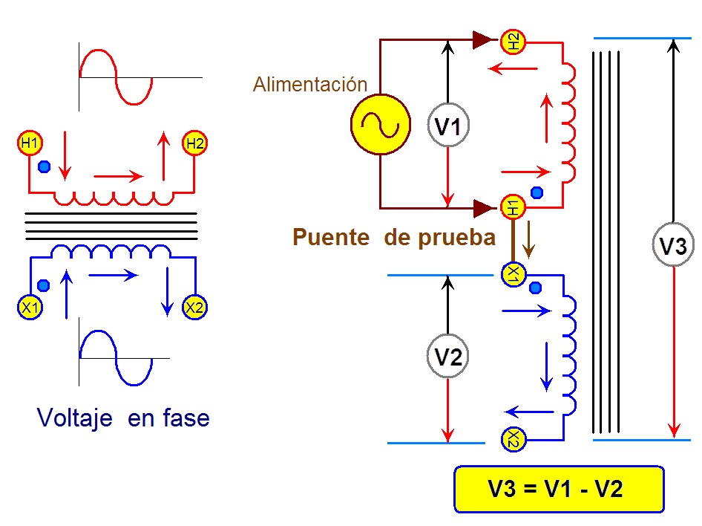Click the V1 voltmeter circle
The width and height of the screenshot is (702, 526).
click(x=448, y=125)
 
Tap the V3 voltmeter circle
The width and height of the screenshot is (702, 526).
click(x=673, y=244)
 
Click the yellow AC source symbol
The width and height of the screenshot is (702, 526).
click(x=381, y=125)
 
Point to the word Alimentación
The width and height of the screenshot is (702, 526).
click(x=309, y=84)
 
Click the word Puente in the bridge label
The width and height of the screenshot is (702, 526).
click(x=331, y=237)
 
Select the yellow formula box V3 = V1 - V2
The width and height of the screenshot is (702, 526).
click(x=560, y=489)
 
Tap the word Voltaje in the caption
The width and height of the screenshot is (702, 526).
click(x=74, y=418)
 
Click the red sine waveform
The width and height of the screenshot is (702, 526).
click(x=116, y=77)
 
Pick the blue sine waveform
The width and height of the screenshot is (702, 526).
click(x=116, y=358)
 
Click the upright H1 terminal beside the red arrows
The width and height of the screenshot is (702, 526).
click(x=30, y=143)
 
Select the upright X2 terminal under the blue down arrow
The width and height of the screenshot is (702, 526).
click(x=194, y=308)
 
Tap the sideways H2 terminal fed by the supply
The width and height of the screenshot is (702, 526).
click(x=513, y=42)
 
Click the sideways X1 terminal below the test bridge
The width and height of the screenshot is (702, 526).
click(x=513, y=274)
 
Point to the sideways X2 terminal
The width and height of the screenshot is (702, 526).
click(x=513, y=439)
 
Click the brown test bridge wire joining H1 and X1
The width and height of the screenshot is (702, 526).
click(x=513, y=241)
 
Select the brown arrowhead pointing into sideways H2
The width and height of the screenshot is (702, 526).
click(x=484, y=40)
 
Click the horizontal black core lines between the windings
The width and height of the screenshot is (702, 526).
click(x=111, y=227)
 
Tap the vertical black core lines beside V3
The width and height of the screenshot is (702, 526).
click(x=606, y=242)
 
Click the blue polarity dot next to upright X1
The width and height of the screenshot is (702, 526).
click(x=44, y=285)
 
